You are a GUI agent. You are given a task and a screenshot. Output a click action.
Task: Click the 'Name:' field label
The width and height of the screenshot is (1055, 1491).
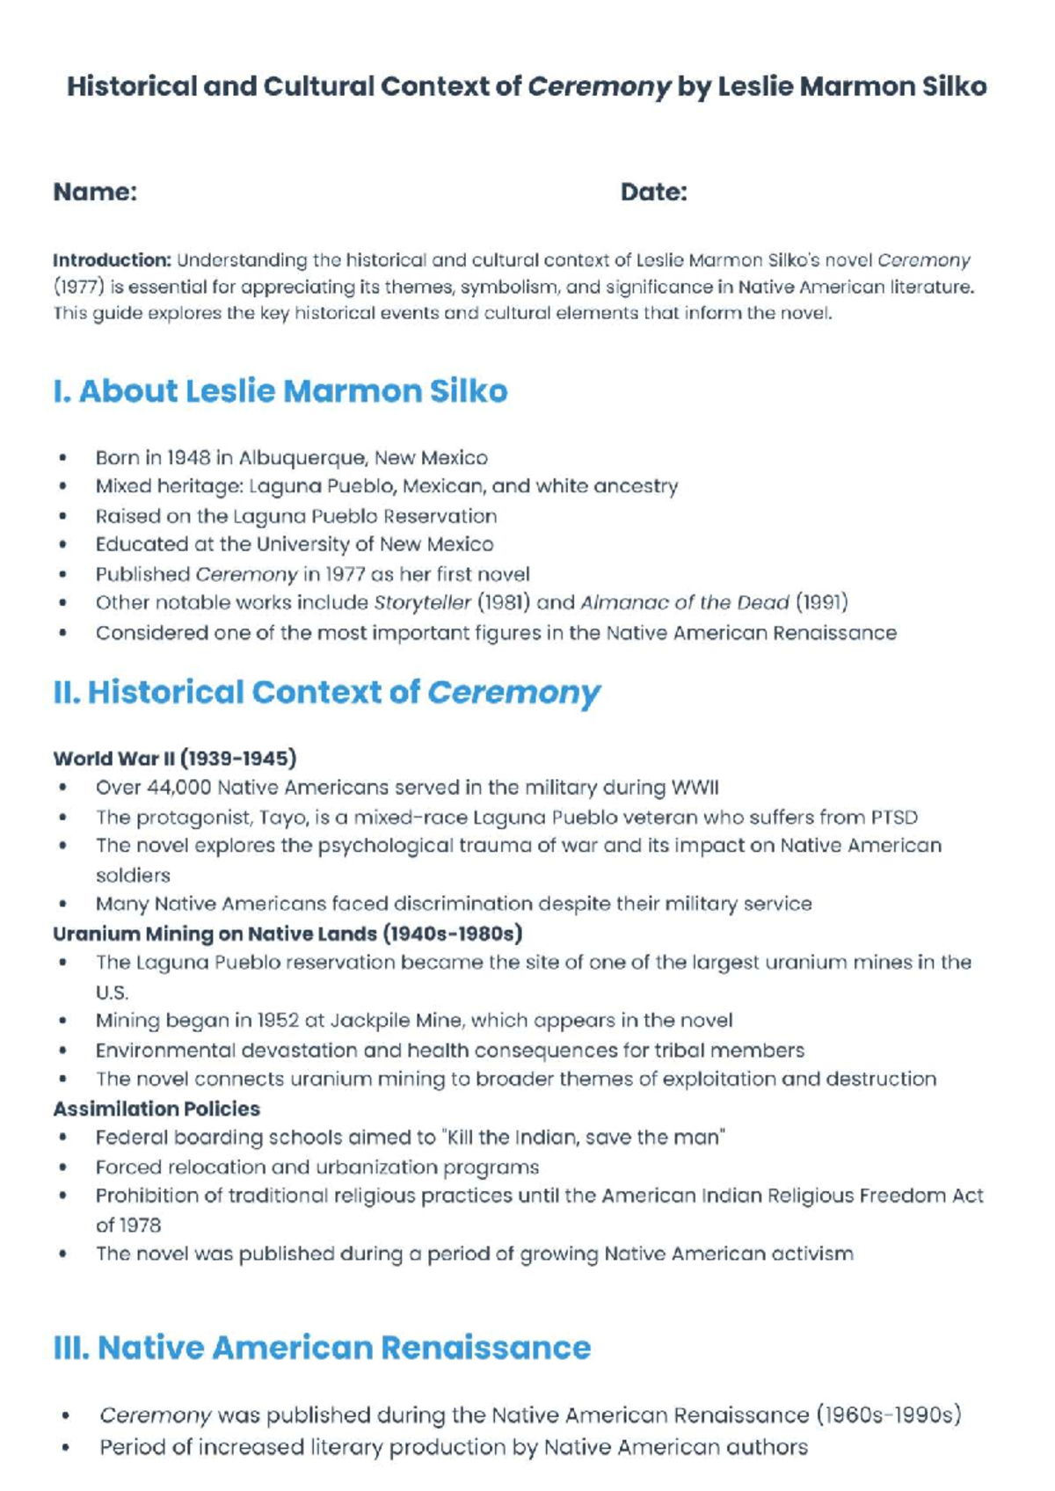tap(95, 192)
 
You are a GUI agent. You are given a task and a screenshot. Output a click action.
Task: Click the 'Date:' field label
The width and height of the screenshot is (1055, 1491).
tap(653, 192)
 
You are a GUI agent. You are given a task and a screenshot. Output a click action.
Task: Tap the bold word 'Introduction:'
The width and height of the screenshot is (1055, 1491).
tap(112, 260)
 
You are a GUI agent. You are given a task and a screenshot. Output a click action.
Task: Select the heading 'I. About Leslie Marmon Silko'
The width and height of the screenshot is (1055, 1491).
tap(280, 391)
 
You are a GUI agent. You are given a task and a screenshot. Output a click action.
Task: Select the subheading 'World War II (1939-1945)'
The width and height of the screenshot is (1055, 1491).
tap(174, 759)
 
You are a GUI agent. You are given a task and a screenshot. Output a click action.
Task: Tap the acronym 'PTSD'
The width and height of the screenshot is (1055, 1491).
tap(893, 818)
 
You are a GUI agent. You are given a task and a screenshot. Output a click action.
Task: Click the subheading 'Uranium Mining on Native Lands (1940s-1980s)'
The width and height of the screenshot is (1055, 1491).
tap(287, 934)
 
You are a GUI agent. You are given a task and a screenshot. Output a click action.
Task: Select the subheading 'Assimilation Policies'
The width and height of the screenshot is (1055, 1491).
tap(156, 1109)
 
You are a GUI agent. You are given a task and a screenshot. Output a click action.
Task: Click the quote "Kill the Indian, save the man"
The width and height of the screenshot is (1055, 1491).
tap(584, 1138)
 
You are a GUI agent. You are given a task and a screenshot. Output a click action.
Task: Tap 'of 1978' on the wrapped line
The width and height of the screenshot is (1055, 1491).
tap(128, 1226)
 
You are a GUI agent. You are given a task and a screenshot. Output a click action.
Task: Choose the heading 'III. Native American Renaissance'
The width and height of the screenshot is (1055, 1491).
tap(322, 1348)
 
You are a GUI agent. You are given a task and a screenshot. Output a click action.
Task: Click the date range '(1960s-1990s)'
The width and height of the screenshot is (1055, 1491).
tap(888, 1415)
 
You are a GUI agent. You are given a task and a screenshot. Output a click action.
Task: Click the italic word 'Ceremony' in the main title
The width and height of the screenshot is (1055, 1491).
tap(599, 86)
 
